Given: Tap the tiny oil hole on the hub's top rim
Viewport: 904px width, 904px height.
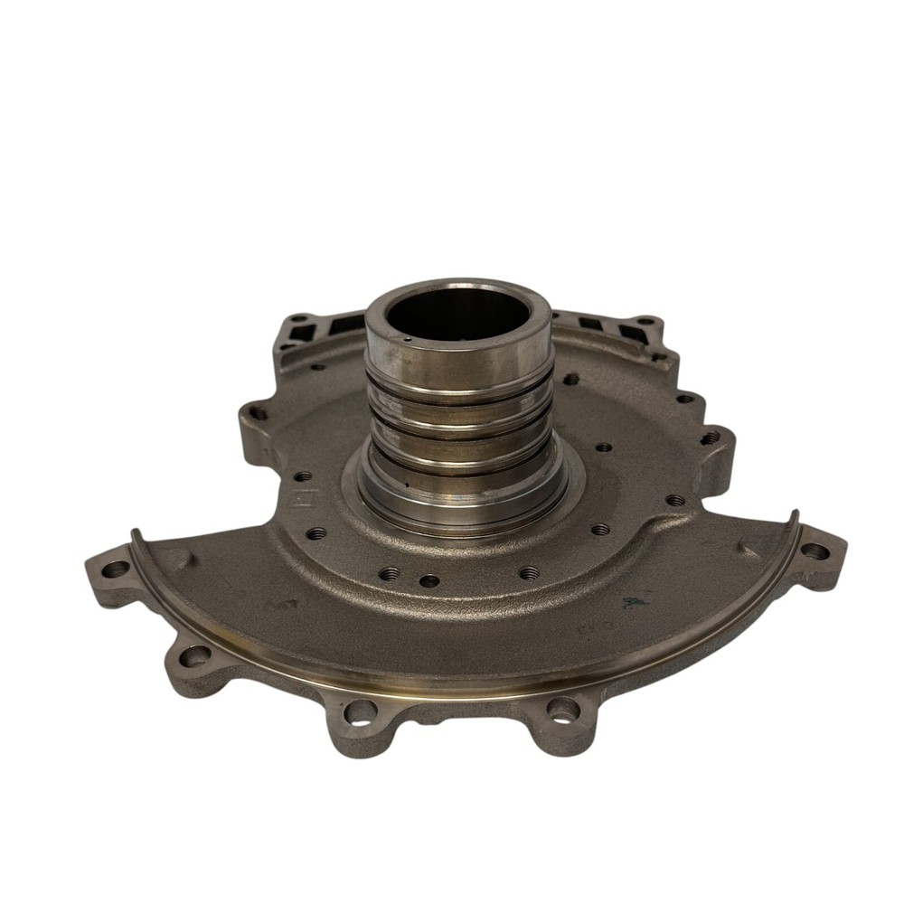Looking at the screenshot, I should pos(408,339).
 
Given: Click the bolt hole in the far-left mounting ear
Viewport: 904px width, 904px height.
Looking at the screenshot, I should pos(116,570).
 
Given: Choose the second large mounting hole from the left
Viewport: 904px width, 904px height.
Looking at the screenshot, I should pos(192,656).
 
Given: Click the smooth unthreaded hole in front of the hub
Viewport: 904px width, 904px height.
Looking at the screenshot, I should pos(430,579).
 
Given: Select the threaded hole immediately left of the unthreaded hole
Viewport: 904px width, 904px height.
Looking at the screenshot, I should pos(391,572).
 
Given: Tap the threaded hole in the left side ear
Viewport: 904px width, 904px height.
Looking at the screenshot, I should pos(259,413).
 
